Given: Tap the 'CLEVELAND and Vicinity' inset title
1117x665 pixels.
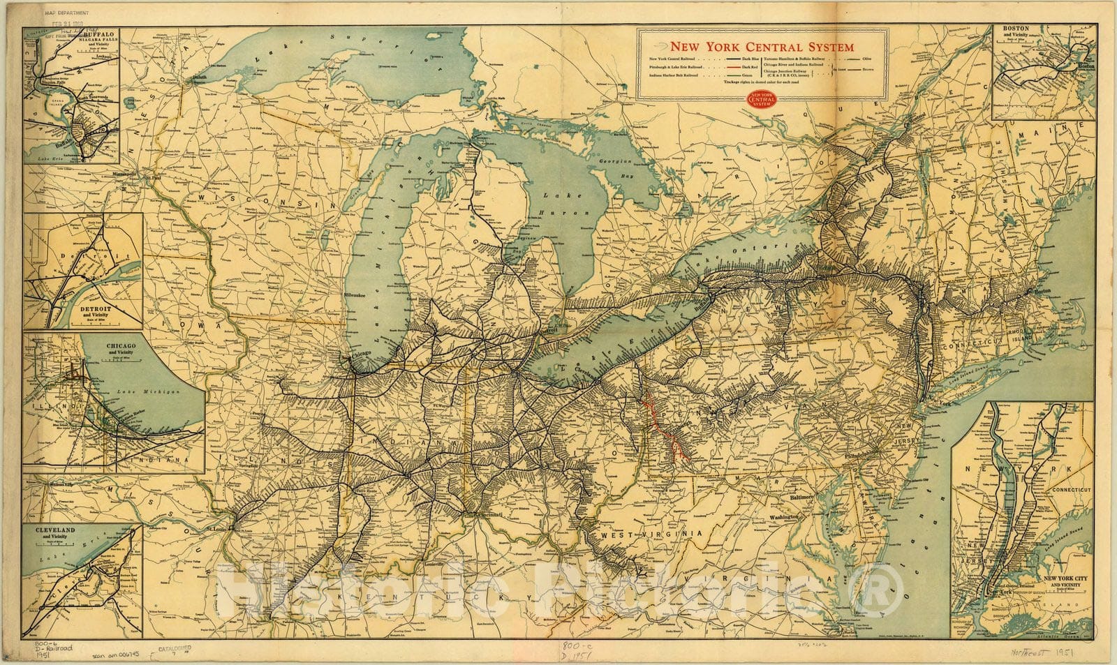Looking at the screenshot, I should tap(55, 534).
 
